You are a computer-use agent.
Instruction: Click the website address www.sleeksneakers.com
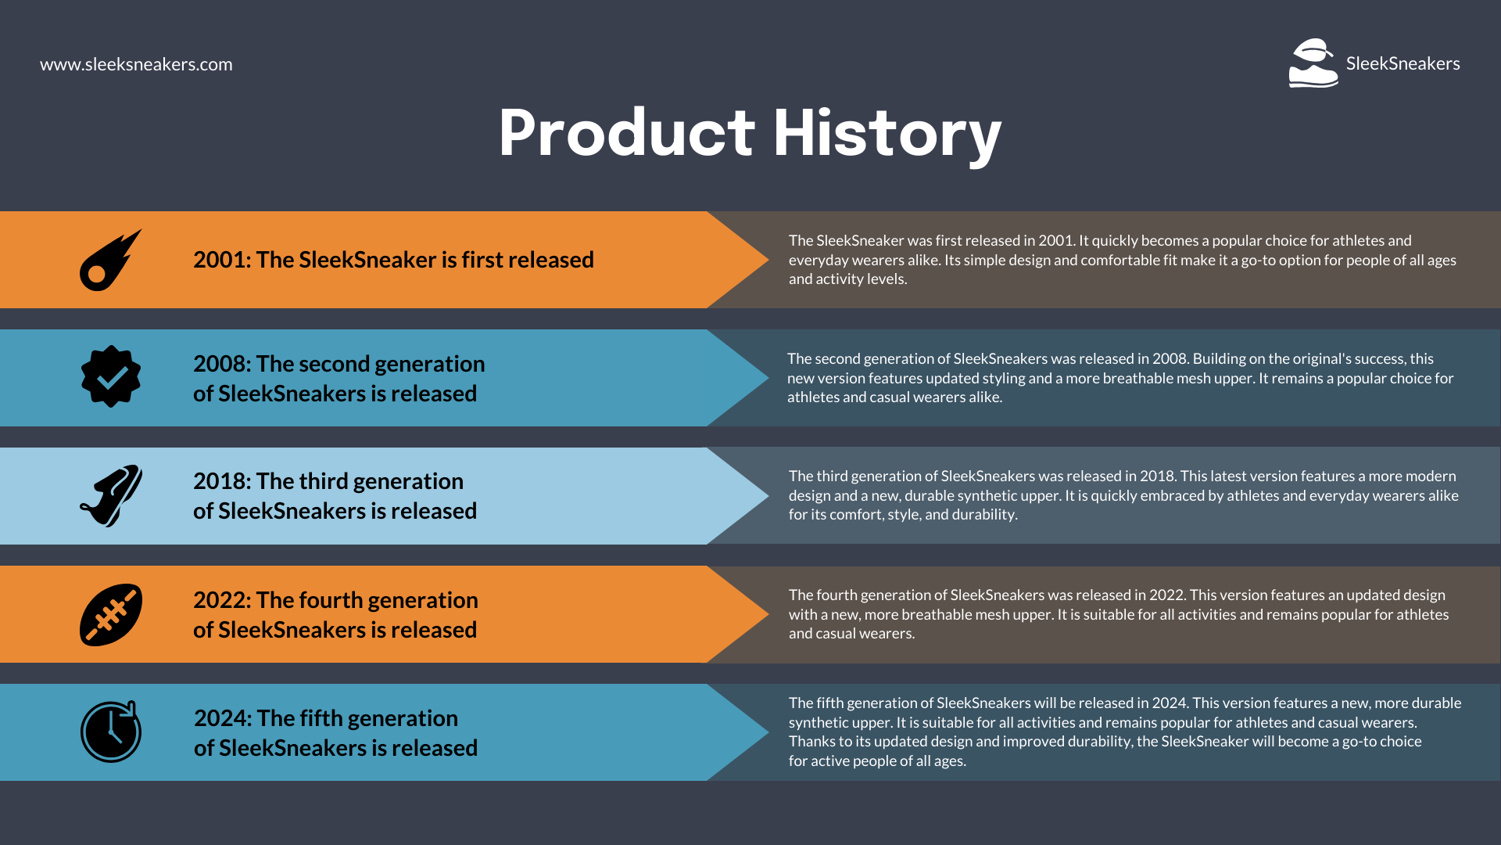click(136, 64)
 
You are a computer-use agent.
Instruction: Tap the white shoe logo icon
click(1313, 63)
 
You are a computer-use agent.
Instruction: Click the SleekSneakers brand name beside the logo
click(1402, 63)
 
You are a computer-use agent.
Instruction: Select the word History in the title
click(887, 134)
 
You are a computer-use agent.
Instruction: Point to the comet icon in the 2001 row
click(110, 261)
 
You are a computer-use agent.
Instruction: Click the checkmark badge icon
click(111, 376)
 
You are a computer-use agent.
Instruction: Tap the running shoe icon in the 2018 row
click(111, 495)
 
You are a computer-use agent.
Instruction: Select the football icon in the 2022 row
click(111, 615)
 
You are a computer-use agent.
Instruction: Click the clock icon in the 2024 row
click(111, 732)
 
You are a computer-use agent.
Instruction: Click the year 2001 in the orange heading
click(220, 260)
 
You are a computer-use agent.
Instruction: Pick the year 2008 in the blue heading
click(220, 364)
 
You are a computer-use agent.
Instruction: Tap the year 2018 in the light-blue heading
click(220, 481)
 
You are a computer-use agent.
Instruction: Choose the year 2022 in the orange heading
click(220, 600)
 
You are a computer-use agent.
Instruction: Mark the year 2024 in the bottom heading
click(220, 718)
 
